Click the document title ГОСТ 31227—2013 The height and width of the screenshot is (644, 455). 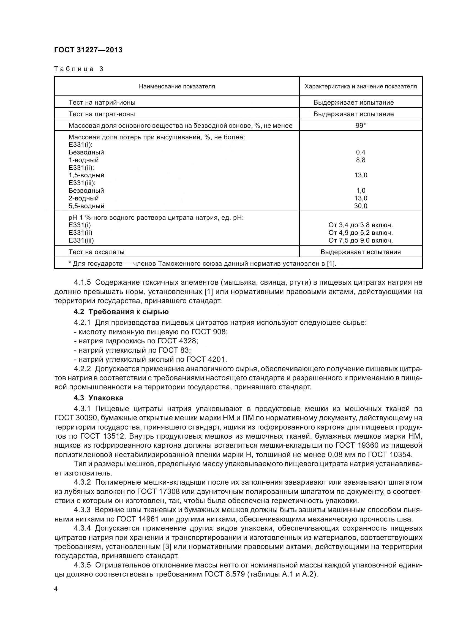pos(88,50)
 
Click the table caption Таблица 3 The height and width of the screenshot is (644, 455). pos(79,69)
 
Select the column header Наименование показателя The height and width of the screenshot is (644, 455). pos(177,86)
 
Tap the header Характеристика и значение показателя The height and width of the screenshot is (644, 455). pos(361,86)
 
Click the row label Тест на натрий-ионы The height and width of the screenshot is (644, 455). pos(102,102)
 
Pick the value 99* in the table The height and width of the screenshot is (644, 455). pos(361,125)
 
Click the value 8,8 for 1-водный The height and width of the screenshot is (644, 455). pos(361,160)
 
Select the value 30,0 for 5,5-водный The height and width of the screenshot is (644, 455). pos(361,206)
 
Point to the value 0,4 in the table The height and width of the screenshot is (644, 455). pos(361,152)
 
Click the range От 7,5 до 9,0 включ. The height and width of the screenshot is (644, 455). pos(361,240)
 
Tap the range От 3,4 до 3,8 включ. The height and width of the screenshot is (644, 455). pos(361,225)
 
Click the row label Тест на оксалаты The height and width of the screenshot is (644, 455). pos(96,252)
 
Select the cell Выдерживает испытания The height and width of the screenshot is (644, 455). pos(361,252)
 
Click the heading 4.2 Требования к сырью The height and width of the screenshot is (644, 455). pos(121,312)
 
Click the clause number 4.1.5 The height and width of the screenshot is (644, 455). pos(82,282)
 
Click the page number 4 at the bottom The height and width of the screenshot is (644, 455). pos(56,589)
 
